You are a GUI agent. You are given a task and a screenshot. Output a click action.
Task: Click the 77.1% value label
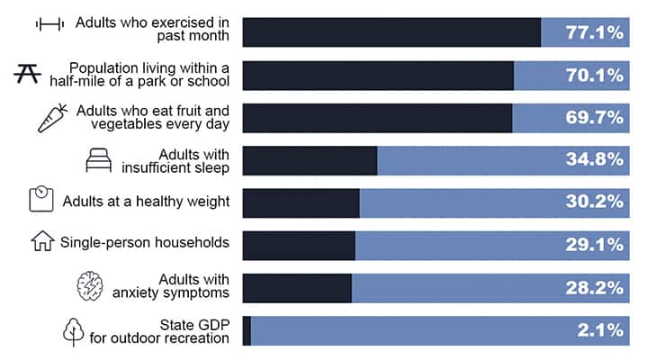[594, 32]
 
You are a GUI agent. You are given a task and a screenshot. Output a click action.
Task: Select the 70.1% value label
[594, 76]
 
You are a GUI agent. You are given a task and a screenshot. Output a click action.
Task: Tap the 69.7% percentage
[594, 118]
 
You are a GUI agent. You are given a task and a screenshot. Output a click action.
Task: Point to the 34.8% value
[594, 160]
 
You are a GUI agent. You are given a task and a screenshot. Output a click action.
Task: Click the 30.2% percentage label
[594, 202]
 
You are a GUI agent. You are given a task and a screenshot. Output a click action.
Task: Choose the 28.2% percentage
[594, 288]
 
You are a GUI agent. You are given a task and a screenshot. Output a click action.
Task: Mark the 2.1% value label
[600, 330]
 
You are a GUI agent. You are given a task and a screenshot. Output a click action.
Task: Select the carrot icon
[52, 117]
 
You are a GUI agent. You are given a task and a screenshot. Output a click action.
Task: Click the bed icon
[97, 160]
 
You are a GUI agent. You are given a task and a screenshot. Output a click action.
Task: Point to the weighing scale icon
[41, 200]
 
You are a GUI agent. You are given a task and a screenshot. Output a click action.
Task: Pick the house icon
[42, 241]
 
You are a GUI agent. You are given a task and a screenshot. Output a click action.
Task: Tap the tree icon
[72, 331]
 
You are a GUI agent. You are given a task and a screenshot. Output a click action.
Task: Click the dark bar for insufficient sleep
[310, 160]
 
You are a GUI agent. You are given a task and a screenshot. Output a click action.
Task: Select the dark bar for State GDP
[247, 330]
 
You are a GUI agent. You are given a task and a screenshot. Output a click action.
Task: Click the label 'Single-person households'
[144, 242]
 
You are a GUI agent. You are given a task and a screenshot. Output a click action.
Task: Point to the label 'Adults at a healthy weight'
[146, 202]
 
